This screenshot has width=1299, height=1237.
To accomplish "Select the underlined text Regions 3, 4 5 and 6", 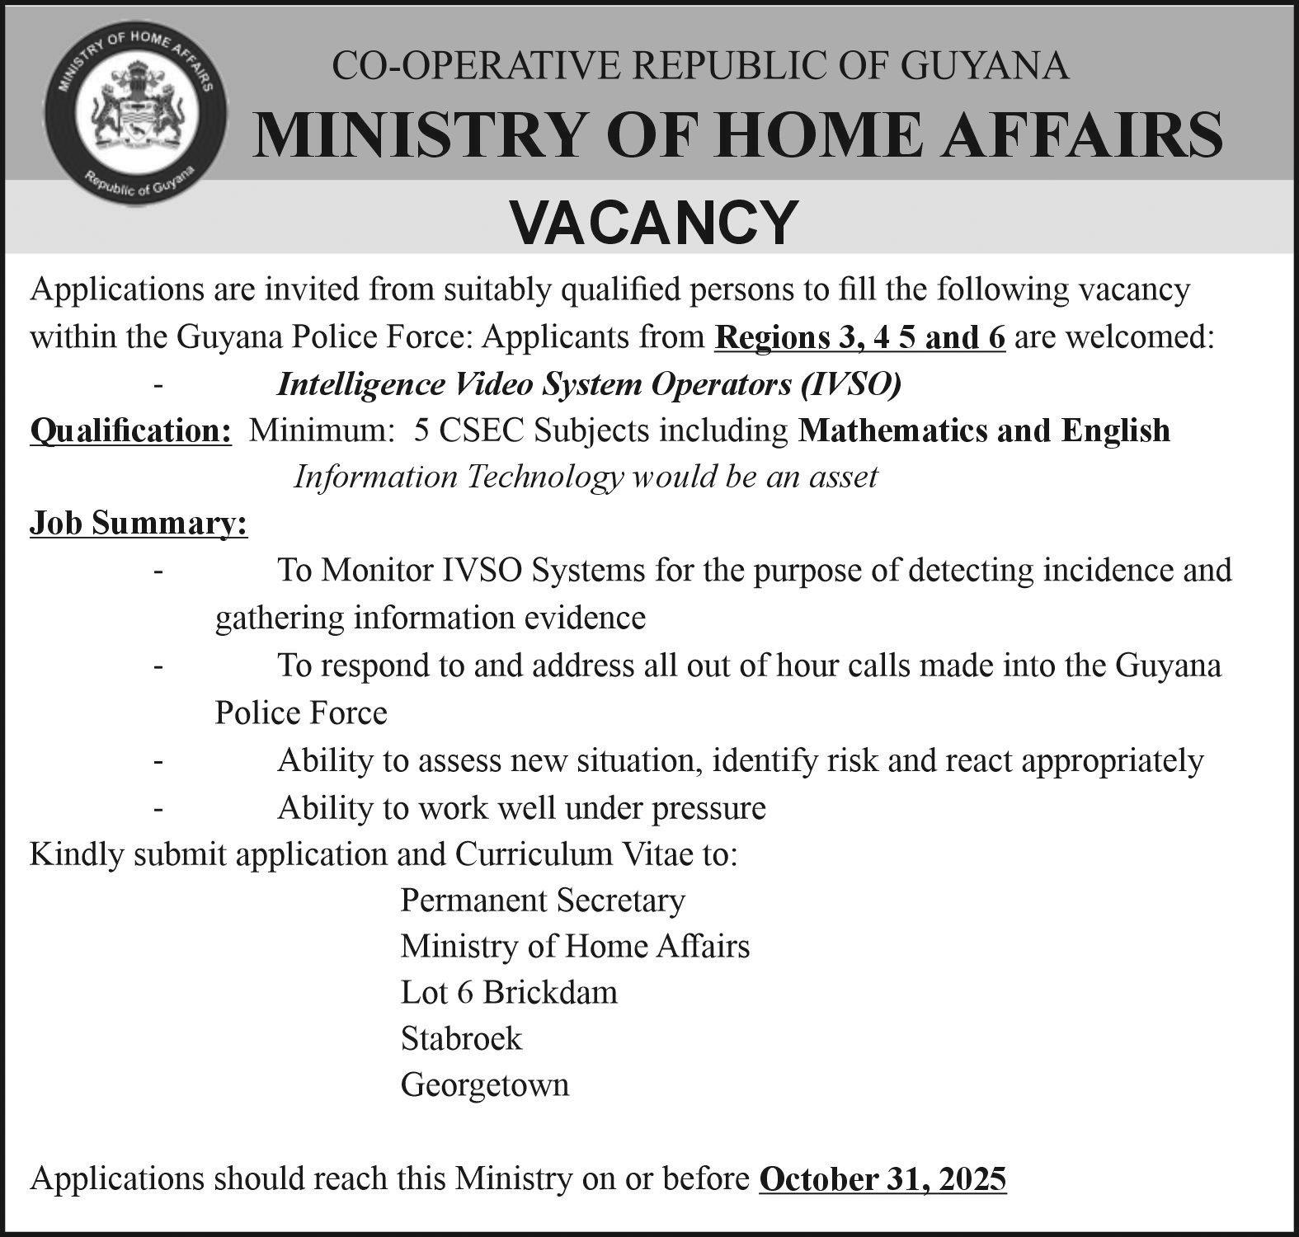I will click(860, 338).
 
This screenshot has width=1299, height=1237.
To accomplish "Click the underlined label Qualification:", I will click(130, 430).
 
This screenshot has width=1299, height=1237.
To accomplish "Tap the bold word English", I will click(1115, 430).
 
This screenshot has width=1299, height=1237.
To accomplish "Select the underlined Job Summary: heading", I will click(139, 524).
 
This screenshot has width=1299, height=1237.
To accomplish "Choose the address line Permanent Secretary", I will click(543, 900).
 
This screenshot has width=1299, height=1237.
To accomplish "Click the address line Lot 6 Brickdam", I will click(509, 991).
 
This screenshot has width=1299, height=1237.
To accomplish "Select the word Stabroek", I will click(461, 1037).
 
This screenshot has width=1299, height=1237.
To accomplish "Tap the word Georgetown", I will click(485, 1084).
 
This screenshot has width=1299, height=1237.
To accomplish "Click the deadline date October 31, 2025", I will click(882, 1178).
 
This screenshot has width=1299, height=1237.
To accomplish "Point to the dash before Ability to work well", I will click(157, 808).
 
